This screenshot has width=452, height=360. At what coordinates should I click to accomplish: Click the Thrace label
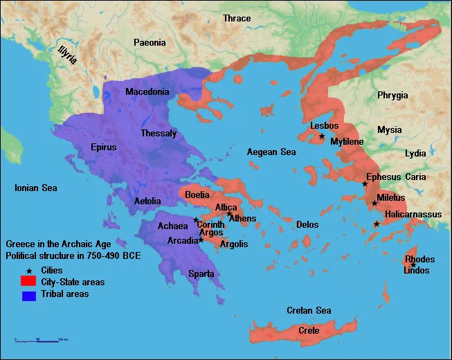pos(237,18)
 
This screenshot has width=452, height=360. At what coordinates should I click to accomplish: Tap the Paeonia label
pos(150,43)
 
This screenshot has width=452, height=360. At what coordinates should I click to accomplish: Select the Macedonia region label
pos(147,92)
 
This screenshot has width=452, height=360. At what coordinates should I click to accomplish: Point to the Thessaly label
pos(159,133)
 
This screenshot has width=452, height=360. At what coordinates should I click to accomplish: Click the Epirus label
pos(104,147)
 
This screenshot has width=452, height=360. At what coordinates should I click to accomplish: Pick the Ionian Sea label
pos(37,188)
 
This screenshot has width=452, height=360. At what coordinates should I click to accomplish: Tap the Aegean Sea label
pos(272,152)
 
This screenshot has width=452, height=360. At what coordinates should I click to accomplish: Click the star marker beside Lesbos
pos(322,136)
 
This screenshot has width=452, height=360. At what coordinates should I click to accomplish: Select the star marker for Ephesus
pos(365,183)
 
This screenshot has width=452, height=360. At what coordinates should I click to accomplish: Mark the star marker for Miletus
pos(374,203)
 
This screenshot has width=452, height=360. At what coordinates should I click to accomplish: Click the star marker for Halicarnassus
pos(377,224)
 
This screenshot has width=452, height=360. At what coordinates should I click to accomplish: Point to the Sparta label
pos(201,274)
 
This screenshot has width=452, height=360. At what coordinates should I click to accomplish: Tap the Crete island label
pos(309,331)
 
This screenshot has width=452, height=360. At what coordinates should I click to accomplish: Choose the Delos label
pos(307,225)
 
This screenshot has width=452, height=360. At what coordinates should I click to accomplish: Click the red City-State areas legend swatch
pos(28,282)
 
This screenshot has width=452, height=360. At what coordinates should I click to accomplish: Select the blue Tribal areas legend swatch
pos(28,296)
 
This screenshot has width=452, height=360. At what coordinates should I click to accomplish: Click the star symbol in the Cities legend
pos(28,270)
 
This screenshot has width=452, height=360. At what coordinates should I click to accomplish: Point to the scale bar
pos(39,340)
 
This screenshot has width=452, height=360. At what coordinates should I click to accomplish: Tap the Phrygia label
pos(392,96)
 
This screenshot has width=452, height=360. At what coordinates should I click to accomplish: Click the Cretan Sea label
pos(309,311)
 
